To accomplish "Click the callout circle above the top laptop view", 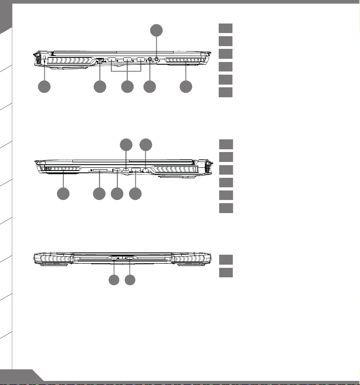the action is point(156,31).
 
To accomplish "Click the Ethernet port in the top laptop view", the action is point(100,60).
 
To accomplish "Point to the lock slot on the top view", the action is point(44,60).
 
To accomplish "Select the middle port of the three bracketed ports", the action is point(127,60).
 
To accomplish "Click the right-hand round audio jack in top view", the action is point(157,59).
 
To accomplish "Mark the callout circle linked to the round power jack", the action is point(114,280).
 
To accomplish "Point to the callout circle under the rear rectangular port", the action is point(130,280).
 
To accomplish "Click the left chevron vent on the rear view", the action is point(57,258).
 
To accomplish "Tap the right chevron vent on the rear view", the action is point(191,258).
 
